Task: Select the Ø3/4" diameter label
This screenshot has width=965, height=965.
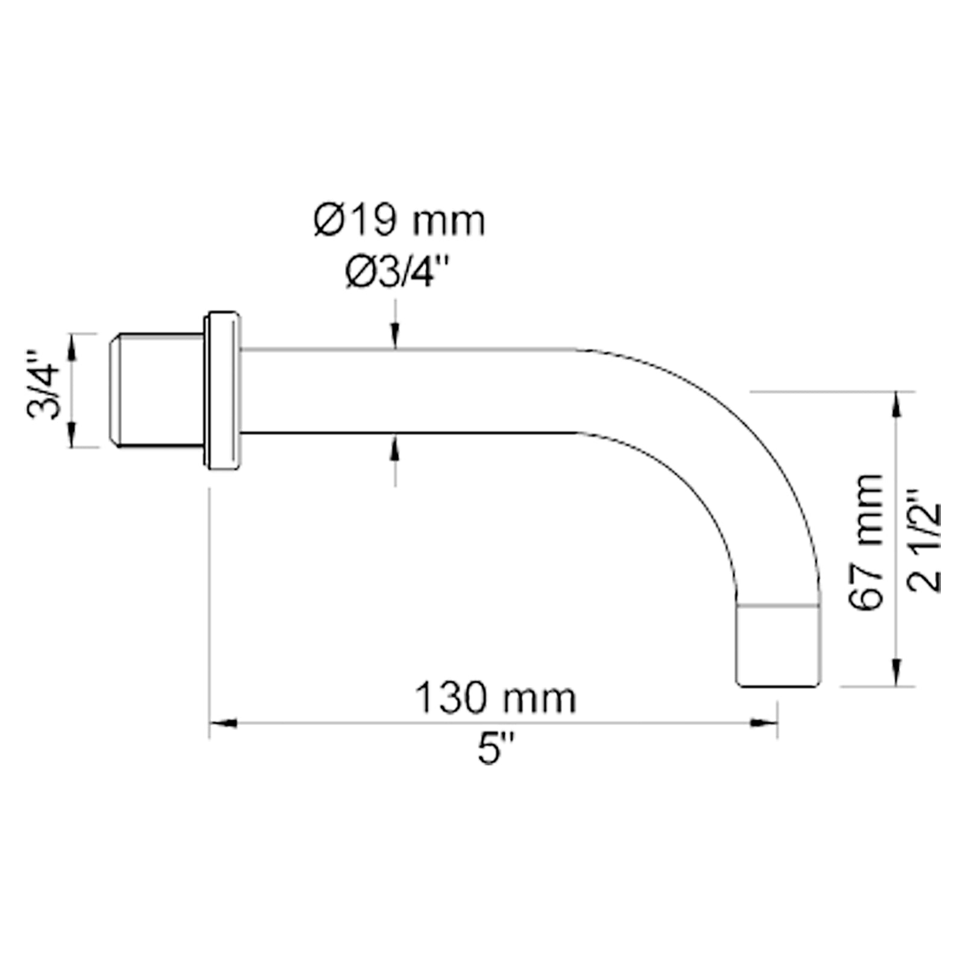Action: click(398, 273)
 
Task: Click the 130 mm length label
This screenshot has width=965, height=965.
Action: click(495, 698)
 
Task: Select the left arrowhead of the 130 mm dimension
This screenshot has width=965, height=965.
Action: click(223, 723)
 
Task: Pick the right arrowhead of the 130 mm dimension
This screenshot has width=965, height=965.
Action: click(764, 723)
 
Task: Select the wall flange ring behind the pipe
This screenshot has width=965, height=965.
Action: click(222, 390)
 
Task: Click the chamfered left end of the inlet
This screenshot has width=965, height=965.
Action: click(114, 390)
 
